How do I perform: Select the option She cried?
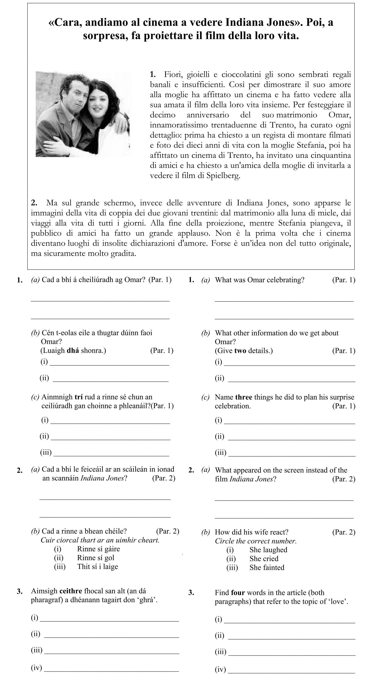(x=264, y=559)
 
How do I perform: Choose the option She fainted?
(x=267, y=567)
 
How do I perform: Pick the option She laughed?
(x=268, y=550)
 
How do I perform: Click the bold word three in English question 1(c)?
(x=244, y=397)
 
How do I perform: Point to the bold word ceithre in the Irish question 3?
(x=71, y=591)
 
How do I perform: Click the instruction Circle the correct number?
(x=256, y=541)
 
